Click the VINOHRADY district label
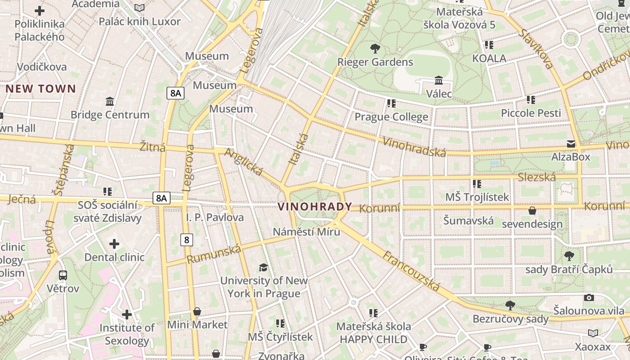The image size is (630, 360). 315,207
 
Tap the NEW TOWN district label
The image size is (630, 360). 40,89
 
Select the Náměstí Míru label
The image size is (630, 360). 307,232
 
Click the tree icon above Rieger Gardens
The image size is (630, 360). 375,49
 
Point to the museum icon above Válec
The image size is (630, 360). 439,81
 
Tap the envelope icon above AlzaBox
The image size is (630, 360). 571,144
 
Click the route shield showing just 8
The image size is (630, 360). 187,240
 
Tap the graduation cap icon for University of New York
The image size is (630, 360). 263,268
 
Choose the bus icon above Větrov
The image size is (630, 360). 63,275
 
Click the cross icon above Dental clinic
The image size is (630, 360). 114,244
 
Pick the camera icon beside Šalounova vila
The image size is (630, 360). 589,297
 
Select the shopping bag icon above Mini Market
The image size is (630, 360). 197,311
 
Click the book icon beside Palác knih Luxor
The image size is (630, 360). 139,8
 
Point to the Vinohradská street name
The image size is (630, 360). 414,147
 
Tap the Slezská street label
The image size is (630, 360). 536,177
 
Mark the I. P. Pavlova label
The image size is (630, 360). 215,217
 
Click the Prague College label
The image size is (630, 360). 391,117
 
